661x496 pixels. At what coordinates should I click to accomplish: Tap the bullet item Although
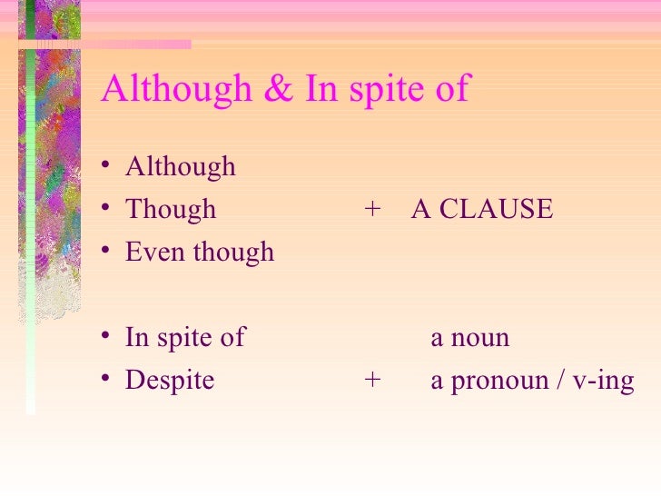click(180, 167)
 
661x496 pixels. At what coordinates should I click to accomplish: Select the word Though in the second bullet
click(171, 209)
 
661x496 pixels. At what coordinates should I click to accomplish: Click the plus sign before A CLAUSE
click(372, 210)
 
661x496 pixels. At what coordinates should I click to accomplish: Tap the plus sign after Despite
click(372, 381)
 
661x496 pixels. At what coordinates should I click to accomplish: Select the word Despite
click(170, 381)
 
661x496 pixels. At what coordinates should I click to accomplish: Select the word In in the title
click(317, 89)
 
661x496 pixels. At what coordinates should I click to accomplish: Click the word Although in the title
click(176, 89)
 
